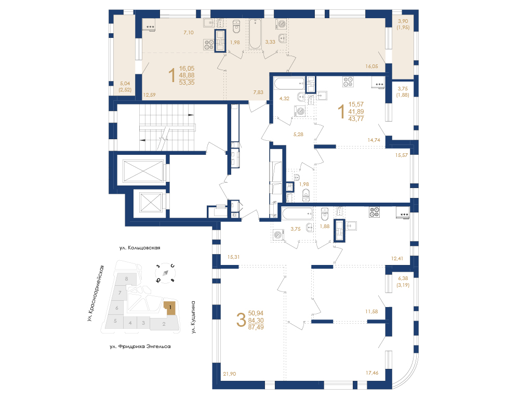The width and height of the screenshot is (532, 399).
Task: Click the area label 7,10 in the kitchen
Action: click(x=188, y=33)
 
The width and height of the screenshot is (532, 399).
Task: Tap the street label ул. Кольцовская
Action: click(x=140, y=248)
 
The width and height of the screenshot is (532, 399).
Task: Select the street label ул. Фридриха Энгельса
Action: click(x=140, y=347)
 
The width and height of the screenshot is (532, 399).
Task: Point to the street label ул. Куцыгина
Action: click(x=193, y=317)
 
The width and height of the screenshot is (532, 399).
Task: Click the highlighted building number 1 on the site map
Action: click(x=170, y=308)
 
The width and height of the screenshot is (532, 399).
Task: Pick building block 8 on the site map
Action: click(x=127, y=279)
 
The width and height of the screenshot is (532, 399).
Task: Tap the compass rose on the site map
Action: click(x=165, y=273)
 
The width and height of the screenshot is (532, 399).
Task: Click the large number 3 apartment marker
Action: click(x=241, y=320)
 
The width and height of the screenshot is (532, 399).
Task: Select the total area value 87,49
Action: click(x=256, y=327)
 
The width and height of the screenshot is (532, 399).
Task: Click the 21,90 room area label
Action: click(x=229, y=374)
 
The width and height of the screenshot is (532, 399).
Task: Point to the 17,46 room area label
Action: click(x=372, y=373)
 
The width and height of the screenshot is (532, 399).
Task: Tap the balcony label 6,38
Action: click(x=403, y=278)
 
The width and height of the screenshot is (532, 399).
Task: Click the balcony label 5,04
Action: click(x=125, y=84)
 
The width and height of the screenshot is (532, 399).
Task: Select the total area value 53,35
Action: click(x=187, y=83)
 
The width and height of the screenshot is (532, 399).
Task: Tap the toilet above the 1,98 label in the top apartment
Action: click(x=236, y=26)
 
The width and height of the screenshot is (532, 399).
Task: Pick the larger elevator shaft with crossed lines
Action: click(x=143, y=170)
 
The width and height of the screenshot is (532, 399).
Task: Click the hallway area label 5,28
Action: click(x=298, y=135)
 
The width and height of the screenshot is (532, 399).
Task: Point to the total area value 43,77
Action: click(x=356, y=119)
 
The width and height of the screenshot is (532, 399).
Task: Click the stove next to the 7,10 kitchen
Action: click(x=209, y=45)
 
